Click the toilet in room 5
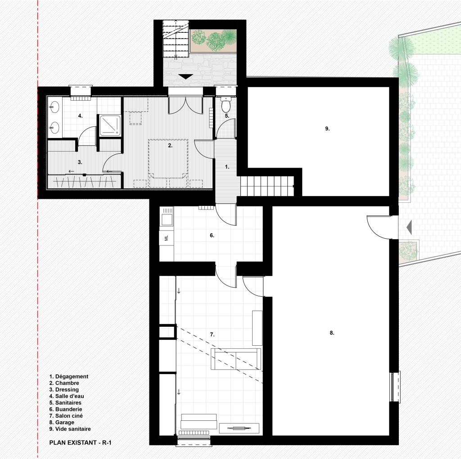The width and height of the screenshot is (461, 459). pyautogui.click(x=226, y=104)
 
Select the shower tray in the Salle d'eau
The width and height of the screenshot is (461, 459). pyautogui.click(x=110, y=126)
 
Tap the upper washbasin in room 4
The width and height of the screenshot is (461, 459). pyautogui.click(x=54, y=108)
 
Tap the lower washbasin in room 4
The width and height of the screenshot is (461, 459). pyautogui.click(x=54, y=128)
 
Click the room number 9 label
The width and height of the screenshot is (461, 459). pyautogui.click(x=327, y=129)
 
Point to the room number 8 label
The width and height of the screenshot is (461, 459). pyautogui.click(x=332, y=333)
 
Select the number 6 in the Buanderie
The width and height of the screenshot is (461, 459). pyautogui.click(x=212, y=235)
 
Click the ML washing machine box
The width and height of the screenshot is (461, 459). pyautogui.click(x=167, y=237)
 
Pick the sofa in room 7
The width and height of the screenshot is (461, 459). pyautogui.click(x=236, y=359)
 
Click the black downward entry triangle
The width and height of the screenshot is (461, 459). pyautogui.click(x=186, y=76)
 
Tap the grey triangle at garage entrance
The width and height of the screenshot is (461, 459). pyautogui.click(x=409, y=227)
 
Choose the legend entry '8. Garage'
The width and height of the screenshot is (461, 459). pyautogui.click(x=62, y=422)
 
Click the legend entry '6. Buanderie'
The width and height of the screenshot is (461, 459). pyautogui.click(x=66, y=409)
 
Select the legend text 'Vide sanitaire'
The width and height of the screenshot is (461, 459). pyautogui.click(x=73, y=429)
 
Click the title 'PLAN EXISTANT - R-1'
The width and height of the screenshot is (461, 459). pyautogui.click(x=80, y=442)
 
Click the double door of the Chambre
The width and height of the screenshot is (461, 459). pyautogui.click(x=185, y=105)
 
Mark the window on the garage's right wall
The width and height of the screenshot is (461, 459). pyautogui.click(x=395, y=387)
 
